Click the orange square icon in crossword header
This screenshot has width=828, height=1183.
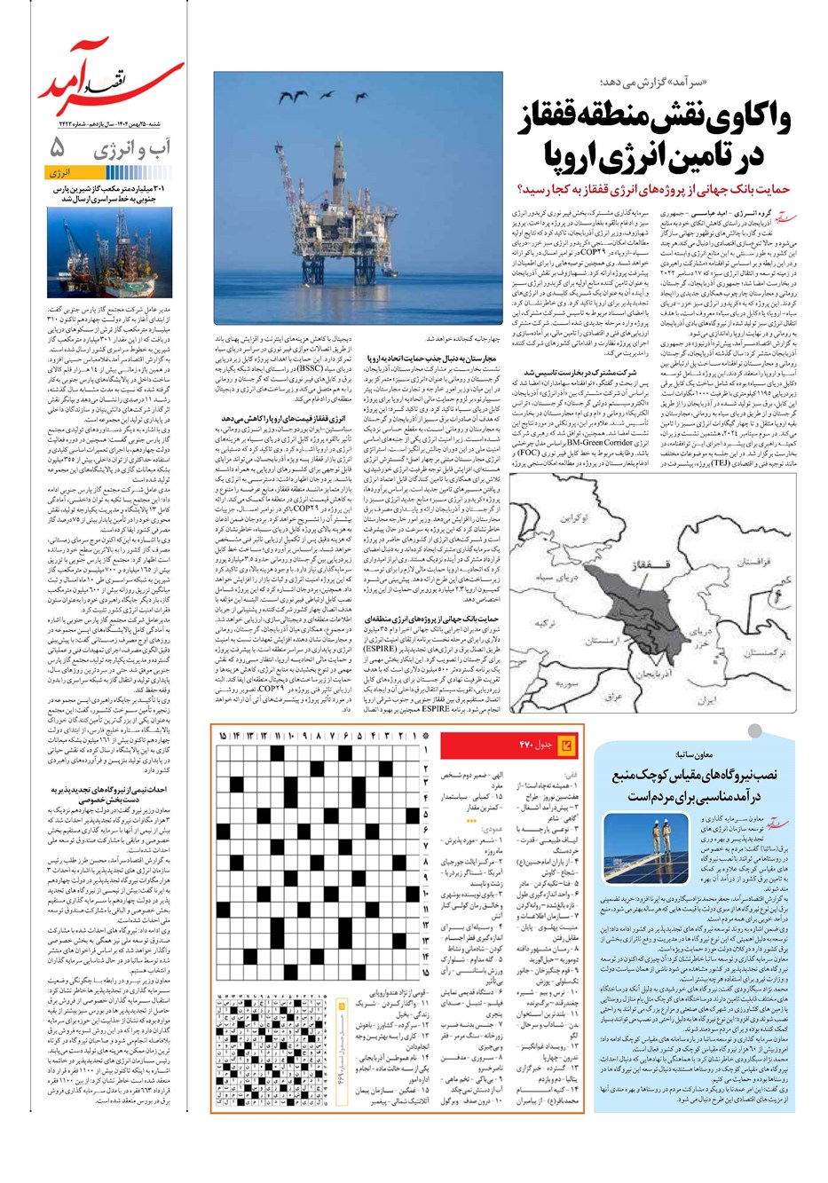(568, 744)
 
